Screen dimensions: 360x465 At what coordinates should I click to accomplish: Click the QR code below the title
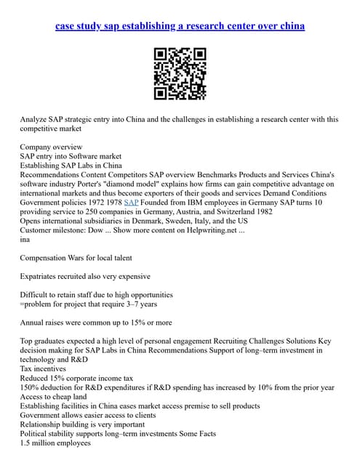[180, 73]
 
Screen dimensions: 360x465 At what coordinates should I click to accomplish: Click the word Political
[36, 433]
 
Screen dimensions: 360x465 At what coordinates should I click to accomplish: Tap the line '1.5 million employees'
[55, 442]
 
